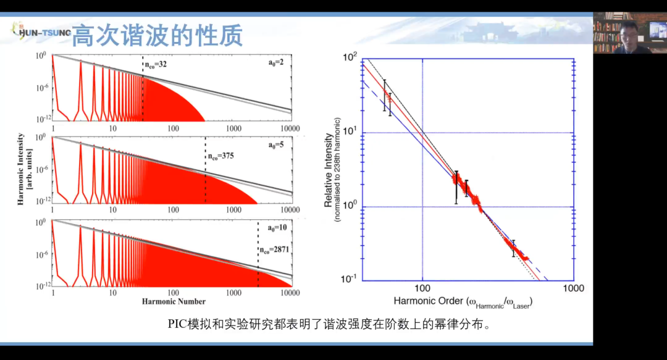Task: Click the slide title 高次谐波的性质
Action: point(157,35)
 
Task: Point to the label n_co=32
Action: point(156,64)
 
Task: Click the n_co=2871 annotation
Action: point(274,250)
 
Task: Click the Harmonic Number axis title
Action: point(173,301)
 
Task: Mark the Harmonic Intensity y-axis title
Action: point(24,168)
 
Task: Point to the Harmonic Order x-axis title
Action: point(463,302)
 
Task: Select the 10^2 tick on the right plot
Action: point(350,58)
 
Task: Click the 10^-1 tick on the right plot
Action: point(350,280)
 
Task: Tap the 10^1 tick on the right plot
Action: point(350,133)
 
